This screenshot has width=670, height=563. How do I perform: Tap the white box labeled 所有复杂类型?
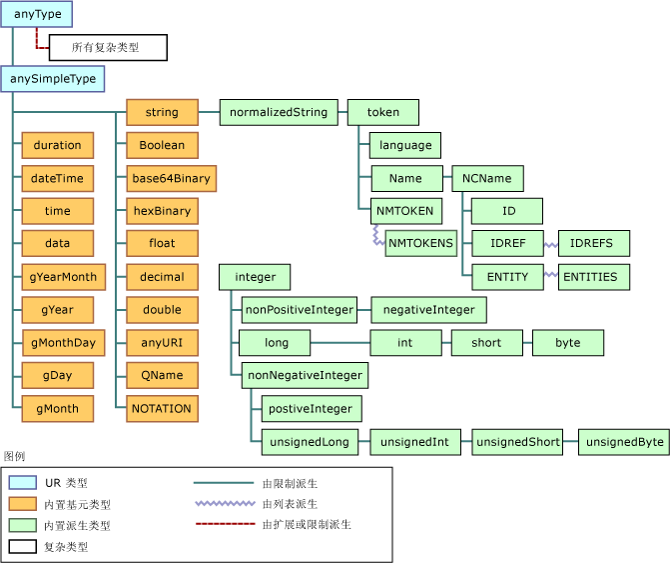point(108,47)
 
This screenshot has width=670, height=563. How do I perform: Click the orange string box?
point(162,112)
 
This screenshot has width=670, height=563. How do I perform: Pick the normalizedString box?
point(279,112)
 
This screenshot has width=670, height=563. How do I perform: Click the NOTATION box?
point(162,408)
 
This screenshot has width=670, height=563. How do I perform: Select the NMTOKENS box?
point(420,242)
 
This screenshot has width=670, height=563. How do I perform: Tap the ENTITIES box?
point(593,277)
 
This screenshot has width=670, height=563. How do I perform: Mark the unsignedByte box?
point(624,441)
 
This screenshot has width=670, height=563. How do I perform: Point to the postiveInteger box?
point(311,408)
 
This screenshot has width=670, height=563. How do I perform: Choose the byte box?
point(568,343)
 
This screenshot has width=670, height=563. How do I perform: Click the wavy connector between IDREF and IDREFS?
point(550,244)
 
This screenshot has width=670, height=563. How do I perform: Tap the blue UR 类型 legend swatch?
point(21,482)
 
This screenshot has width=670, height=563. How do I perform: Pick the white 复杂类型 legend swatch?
point(21,546)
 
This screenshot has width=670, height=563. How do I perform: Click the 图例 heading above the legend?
point(15,455)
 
